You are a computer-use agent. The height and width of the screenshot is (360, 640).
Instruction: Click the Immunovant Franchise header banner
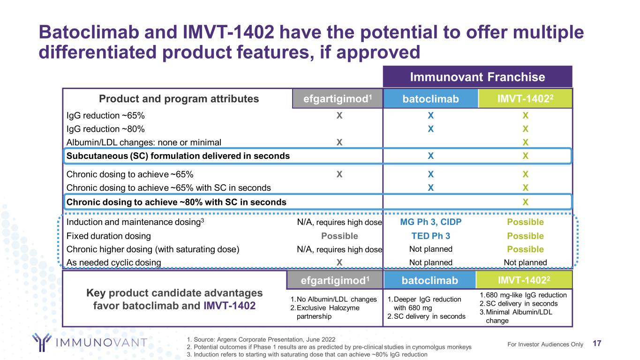[478, 77]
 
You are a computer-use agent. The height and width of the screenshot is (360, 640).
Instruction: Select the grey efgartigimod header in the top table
[338, 98]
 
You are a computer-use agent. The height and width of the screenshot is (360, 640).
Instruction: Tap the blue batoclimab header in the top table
[430, 98]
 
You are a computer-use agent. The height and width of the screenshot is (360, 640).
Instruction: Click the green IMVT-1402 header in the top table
[526, 98]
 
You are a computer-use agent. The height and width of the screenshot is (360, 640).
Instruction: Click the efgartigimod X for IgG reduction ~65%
[339, 115]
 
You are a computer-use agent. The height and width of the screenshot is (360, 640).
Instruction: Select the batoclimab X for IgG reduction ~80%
[430, 129]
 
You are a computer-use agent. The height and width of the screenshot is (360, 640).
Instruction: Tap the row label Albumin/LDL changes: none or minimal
[144, 142]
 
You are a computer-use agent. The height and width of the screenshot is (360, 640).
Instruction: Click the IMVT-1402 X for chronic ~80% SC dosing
[526, 202]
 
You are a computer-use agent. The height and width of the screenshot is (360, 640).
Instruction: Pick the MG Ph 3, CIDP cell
[430, 222]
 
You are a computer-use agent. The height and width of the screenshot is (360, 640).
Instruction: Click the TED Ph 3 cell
[430, 236]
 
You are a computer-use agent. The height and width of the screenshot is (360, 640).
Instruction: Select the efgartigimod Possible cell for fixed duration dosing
[339, 236]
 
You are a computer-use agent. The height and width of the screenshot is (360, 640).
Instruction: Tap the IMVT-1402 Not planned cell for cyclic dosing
[526, 262]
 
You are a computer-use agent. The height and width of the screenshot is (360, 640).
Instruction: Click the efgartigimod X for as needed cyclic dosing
[339, 262]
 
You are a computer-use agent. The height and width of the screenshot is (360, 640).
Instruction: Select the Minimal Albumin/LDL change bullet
[525, 316]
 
